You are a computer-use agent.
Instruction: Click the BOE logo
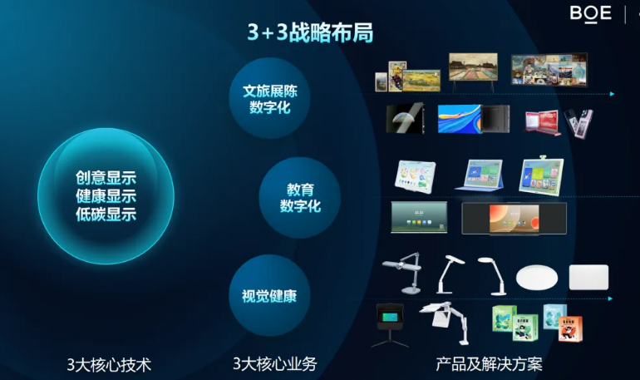tap(591, 14)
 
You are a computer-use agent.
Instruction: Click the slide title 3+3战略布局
tap(310, 32)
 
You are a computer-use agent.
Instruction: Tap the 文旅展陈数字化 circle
tap(269, 98)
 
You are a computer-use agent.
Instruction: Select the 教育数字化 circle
tap(299, 198)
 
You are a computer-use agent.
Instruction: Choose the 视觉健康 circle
tap(269, 295)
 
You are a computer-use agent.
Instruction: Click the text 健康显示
tap(106, 196)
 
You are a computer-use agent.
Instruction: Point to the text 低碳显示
tap(106, 215)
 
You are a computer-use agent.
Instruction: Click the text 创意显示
tap(106, 178)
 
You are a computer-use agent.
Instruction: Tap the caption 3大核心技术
tap(109, 364)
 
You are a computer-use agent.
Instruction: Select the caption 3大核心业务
tap(274, 363)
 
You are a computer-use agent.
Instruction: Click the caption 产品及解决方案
tap(489, 363)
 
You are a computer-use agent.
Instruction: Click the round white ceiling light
tap(537, 277)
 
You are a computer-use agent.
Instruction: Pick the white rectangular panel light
tap(588, 277)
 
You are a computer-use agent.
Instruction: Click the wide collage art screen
tap(549, 69)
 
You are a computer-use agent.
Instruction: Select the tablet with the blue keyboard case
tap(480, 175)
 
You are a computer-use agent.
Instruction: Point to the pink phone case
tap(578, 123)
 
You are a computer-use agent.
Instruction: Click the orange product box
tap(570, 328)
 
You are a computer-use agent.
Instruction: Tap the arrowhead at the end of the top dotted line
tap(612, 94)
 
